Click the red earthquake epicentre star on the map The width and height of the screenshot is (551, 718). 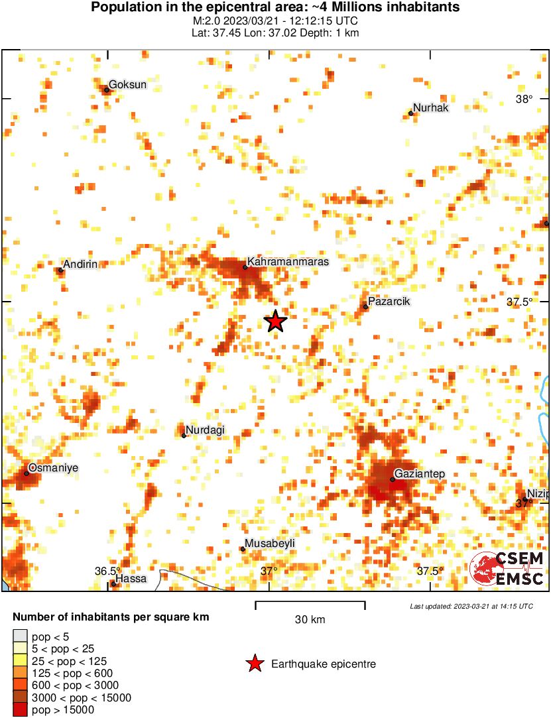pyautogui.click(x=275, y=322)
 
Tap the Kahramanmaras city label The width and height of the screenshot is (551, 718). pyautogui.click(x=288, y=262)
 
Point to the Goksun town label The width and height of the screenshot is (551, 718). pyautogui.click(x=127, y=85)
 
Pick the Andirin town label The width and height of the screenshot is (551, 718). pyautogui.click(x=80, y=264)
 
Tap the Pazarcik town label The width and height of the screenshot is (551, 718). pyautogui.click(x=389, y=302)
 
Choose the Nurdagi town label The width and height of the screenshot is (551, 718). pyautogui.click(x=206, y=430)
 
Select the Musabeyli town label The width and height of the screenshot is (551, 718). pyautogui.click(x=270, y=544)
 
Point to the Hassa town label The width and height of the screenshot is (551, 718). pyautogui.click(x=131, y=579)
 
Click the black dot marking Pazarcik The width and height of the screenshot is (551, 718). pyautogui.click(x=365, y=306)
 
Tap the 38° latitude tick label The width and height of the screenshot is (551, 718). pyautogui.click(x=524, y=99)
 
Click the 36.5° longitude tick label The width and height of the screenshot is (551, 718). pyautogui.click(x=107, y=571)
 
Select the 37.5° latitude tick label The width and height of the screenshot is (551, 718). pyautogui.click(x=520, y=302)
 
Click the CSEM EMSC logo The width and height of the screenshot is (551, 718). pyautogui.click(x=508, y=569)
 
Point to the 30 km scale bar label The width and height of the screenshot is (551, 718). pyautogui.click(x=310, y=620)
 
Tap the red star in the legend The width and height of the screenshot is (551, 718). pyautogui.click(x=254, y=664)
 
